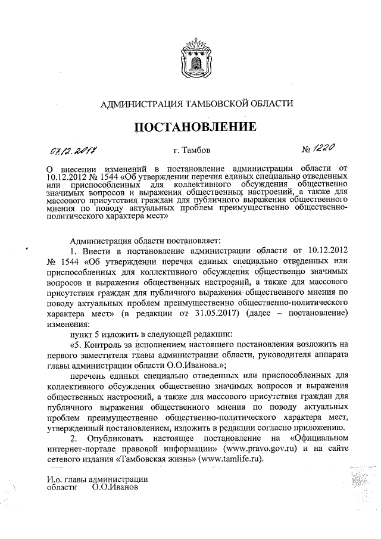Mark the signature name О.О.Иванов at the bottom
click(x=115, y=487)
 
